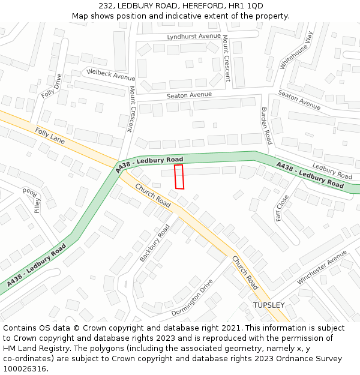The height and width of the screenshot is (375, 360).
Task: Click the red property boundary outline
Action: pos(179,176)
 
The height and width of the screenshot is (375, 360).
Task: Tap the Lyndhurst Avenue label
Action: pos(185,36)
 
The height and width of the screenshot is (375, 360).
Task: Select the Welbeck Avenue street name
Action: pos(111,74)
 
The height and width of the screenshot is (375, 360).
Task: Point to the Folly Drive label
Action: pos(52,86)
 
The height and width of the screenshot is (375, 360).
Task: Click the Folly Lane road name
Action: pos(50,135)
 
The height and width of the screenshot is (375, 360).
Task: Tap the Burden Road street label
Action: pos(267,125)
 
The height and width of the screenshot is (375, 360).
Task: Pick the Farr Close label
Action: pos(283,208)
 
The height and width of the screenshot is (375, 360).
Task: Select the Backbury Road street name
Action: pos(155,242)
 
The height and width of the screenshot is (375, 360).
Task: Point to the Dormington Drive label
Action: pos(192,297)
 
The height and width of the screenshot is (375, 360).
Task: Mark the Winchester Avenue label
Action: pos(322,268)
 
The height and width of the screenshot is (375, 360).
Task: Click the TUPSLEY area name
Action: pos(269,305)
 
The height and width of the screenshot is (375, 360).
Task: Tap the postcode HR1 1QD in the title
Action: pos(246,6)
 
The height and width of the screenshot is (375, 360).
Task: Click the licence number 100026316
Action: pos(25,368)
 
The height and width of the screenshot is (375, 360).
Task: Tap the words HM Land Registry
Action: pos(33,348)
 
